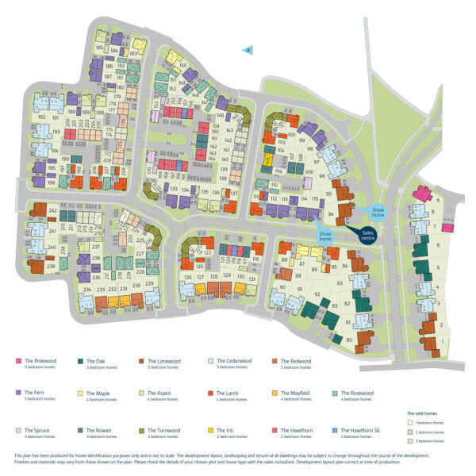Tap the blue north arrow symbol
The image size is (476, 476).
click(x=248, y=48)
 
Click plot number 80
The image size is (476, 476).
click(x=349, y=340)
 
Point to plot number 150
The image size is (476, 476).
click(x=182, y=66)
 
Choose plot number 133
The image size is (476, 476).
click(x=174, y=189)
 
